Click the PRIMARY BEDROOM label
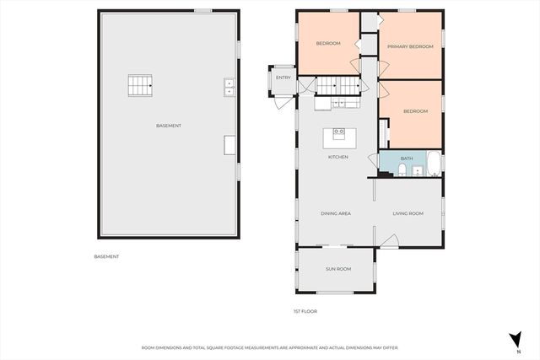[410, 47]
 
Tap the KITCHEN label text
[338, 158]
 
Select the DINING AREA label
[336, 214]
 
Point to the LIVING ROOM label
[408, 214]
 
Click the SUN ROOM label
[338, 269]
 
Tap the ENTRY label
[283, 78]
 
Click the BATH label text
[407, 158]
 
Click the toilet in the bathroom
[402, 169]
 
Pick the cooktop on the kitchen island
[339, 132]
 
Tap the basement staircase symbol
[140, 85]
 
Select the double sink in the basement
[229, 84]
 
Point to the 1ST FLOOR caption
[305, 311]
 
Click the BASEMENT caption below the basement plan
[106, 256]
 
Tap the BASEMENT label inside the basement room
[169, 126]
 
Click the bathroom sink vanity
[418, 171]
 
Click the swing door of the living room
[387, 243]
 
